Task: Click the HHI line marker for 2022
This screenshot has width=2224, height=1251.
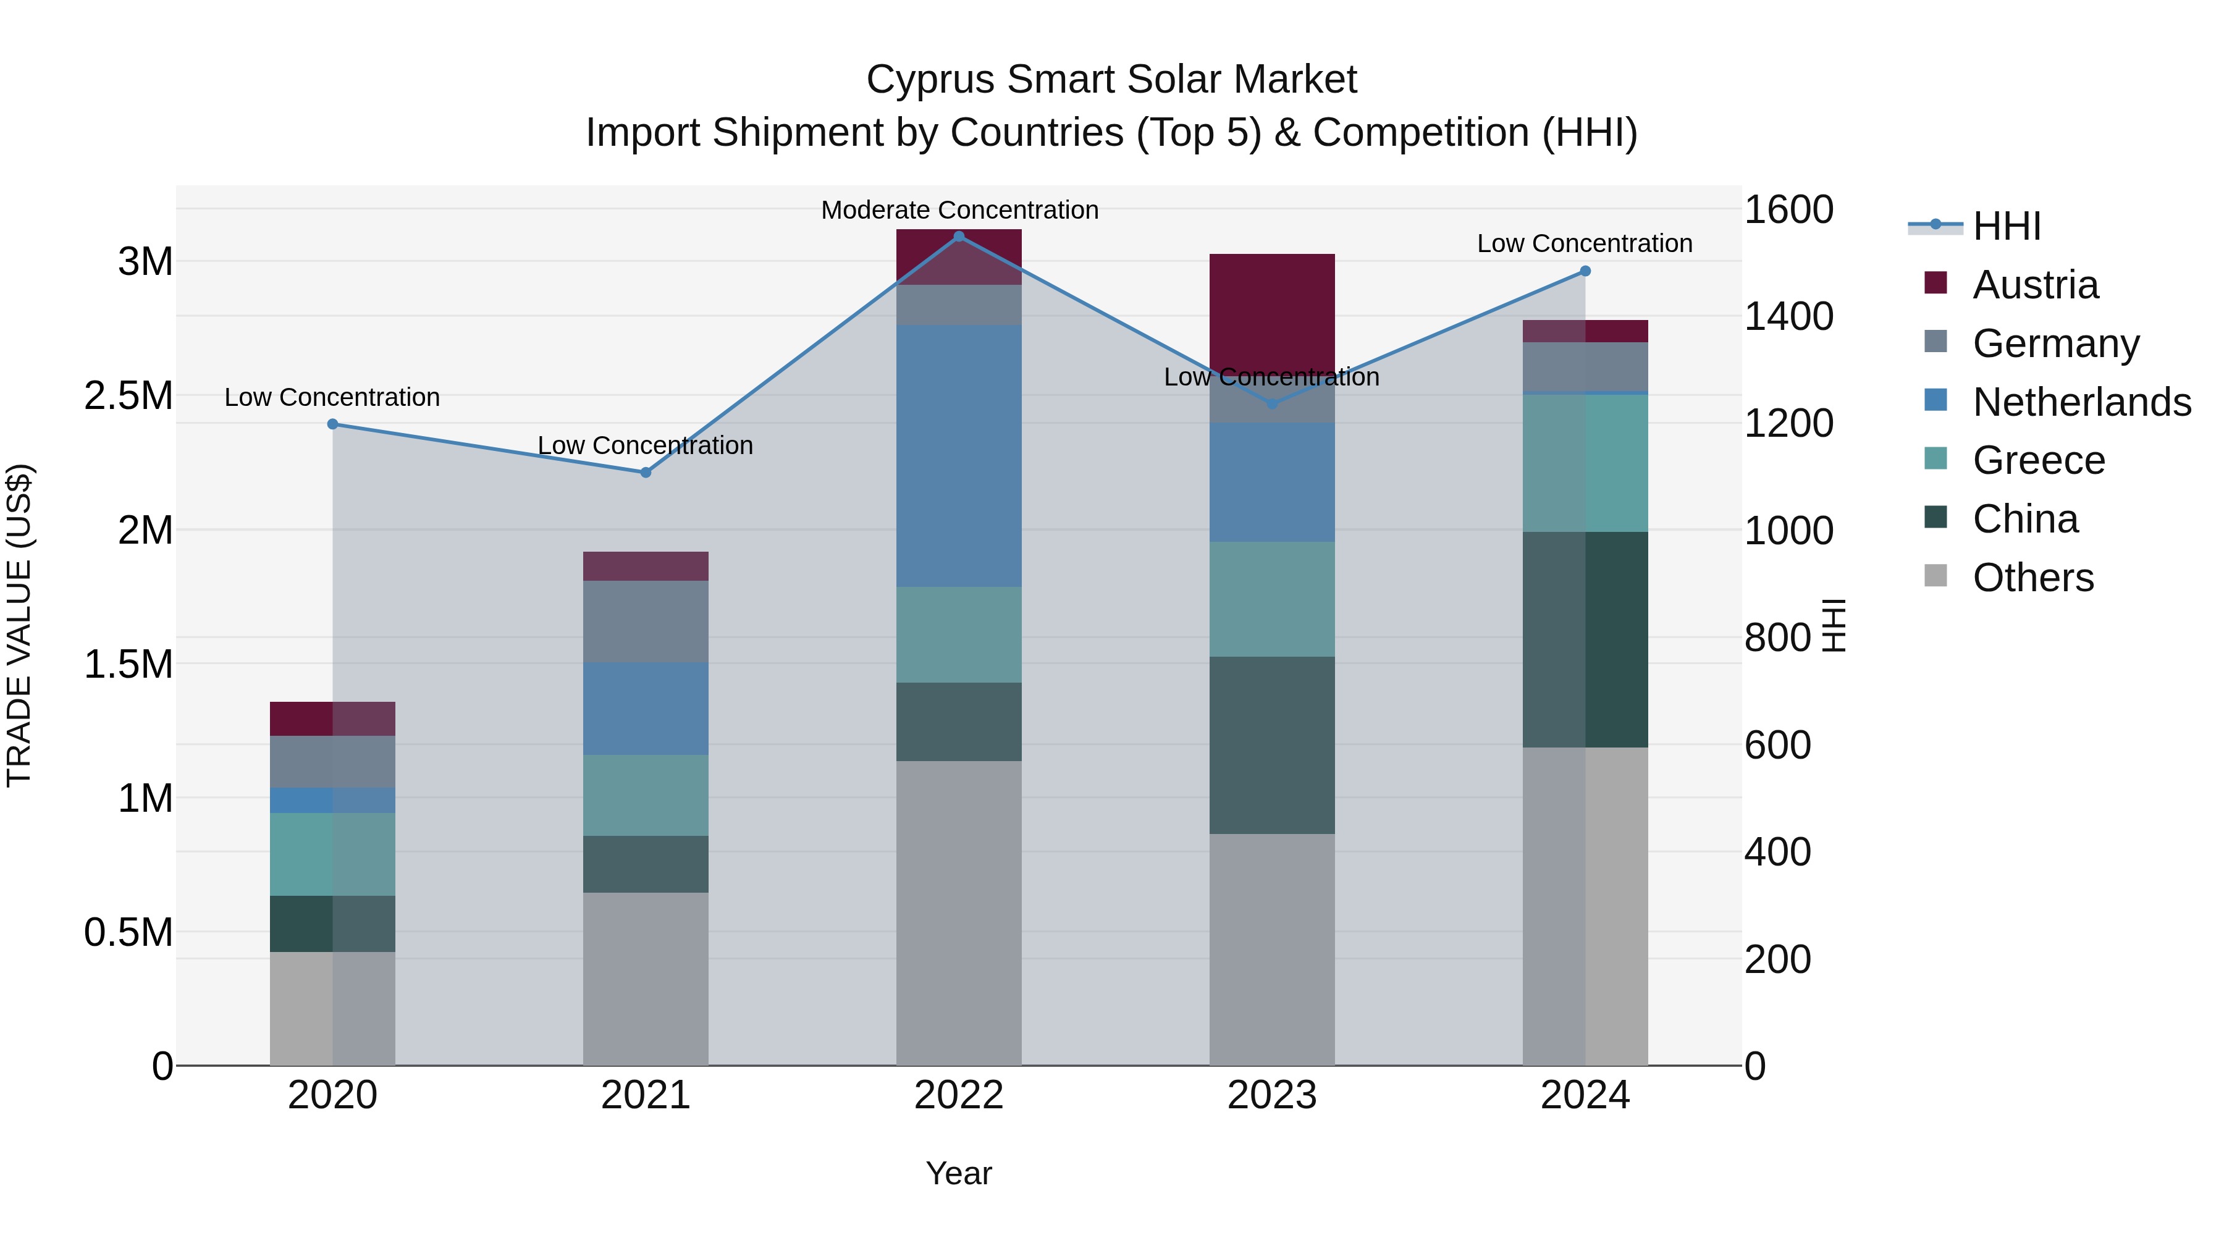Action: (x=958, y=236)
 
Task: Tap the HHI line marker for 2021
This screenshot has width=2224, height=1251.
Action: (x=645, y=472)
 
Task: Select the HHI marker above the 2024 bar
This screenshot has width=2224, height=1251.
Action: (x=1584, y=271)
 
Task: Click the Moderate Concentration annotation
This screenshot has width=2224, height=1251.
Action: (x=959, y=210)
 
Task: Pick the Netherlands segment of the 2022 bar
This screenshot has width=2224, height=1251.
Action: (x=958, y=456)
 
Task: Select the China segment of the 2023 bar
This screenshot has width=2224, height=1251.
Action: (x=1272, y=744)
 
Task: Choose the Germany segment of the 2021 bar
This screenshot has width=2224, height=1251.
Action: (x=645, y=621)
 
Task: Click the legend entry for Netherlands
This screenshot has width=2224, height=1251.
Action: (x=2081, y=402)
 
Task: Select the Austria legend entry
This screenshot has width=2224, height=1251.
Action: (x=2034, y=284)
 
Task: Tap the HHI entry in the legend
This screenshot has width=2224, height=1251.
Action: (x=2005, y=225)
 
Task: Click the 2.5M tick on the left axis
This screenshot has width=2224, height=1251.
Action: (x=128, y=395)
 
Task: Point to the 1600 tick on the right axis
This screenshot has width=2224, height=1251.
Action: (x=1788, y=210)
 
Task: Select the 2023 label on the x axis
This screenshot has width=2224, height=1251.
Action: (x=1272, y=1095)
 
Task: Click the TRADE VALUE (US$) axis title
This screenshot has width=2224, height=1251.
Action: (x=19, y=625)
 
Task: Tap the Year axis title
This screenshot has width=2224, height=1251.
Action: (x=958, y=1173)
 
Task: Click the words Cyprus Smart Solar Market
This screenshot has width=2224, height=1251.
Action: (x=1111, y=80)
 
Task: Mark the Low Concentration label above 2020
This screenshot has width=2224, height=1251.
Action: (x=332, y=397)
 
